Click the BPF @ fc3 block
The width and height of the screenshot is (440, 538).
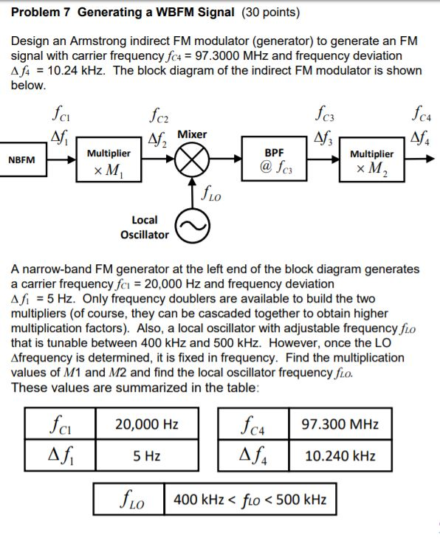tap(274, 159)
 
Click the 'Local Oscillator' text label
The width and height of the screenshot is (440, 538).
tap(144, 227)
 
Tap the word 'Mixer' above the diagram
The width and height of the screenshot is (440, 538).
tap(192, 134)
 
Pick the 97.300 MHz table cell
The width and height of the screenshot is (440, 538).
tap(340, 424)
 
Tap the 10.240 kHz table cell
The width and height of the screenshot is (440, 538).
tap(340, 455)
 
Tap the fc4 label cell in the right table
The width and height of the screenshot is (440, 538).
tap(253, 424)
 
